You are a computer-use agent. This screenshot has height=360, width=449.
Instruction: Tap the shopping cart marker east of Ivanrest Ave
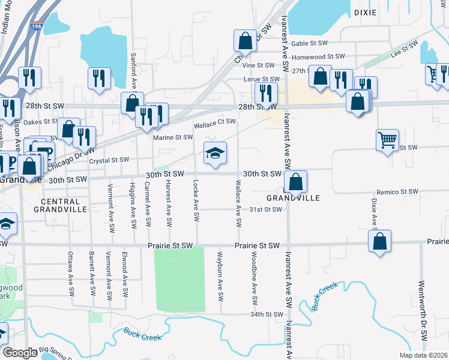tap(387, 140)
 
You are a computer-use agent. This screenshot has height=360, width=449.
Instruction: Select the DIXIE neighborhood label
tap(365, 12)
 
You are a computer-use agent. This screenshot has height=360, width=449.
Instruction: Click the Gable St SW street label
tap(309, 44)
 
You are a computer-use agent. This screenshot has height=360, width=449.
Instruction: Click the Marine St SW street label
tap(173, 137)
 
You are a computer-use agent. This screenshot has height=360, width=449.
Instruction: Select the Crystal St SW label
tap(109, 160)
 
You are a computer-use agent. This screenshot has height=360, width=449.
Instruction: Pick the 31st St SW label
tap(265, 209)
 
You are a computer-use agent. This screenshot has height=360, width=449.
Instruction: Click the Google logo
tap(20, 352)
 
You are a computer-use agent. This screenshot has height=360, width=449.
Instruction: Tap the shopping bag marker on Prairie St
tap(379, 241)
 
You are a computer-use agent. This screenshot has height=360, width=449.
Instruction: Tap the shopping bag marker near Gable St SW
tap(246, 41)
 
